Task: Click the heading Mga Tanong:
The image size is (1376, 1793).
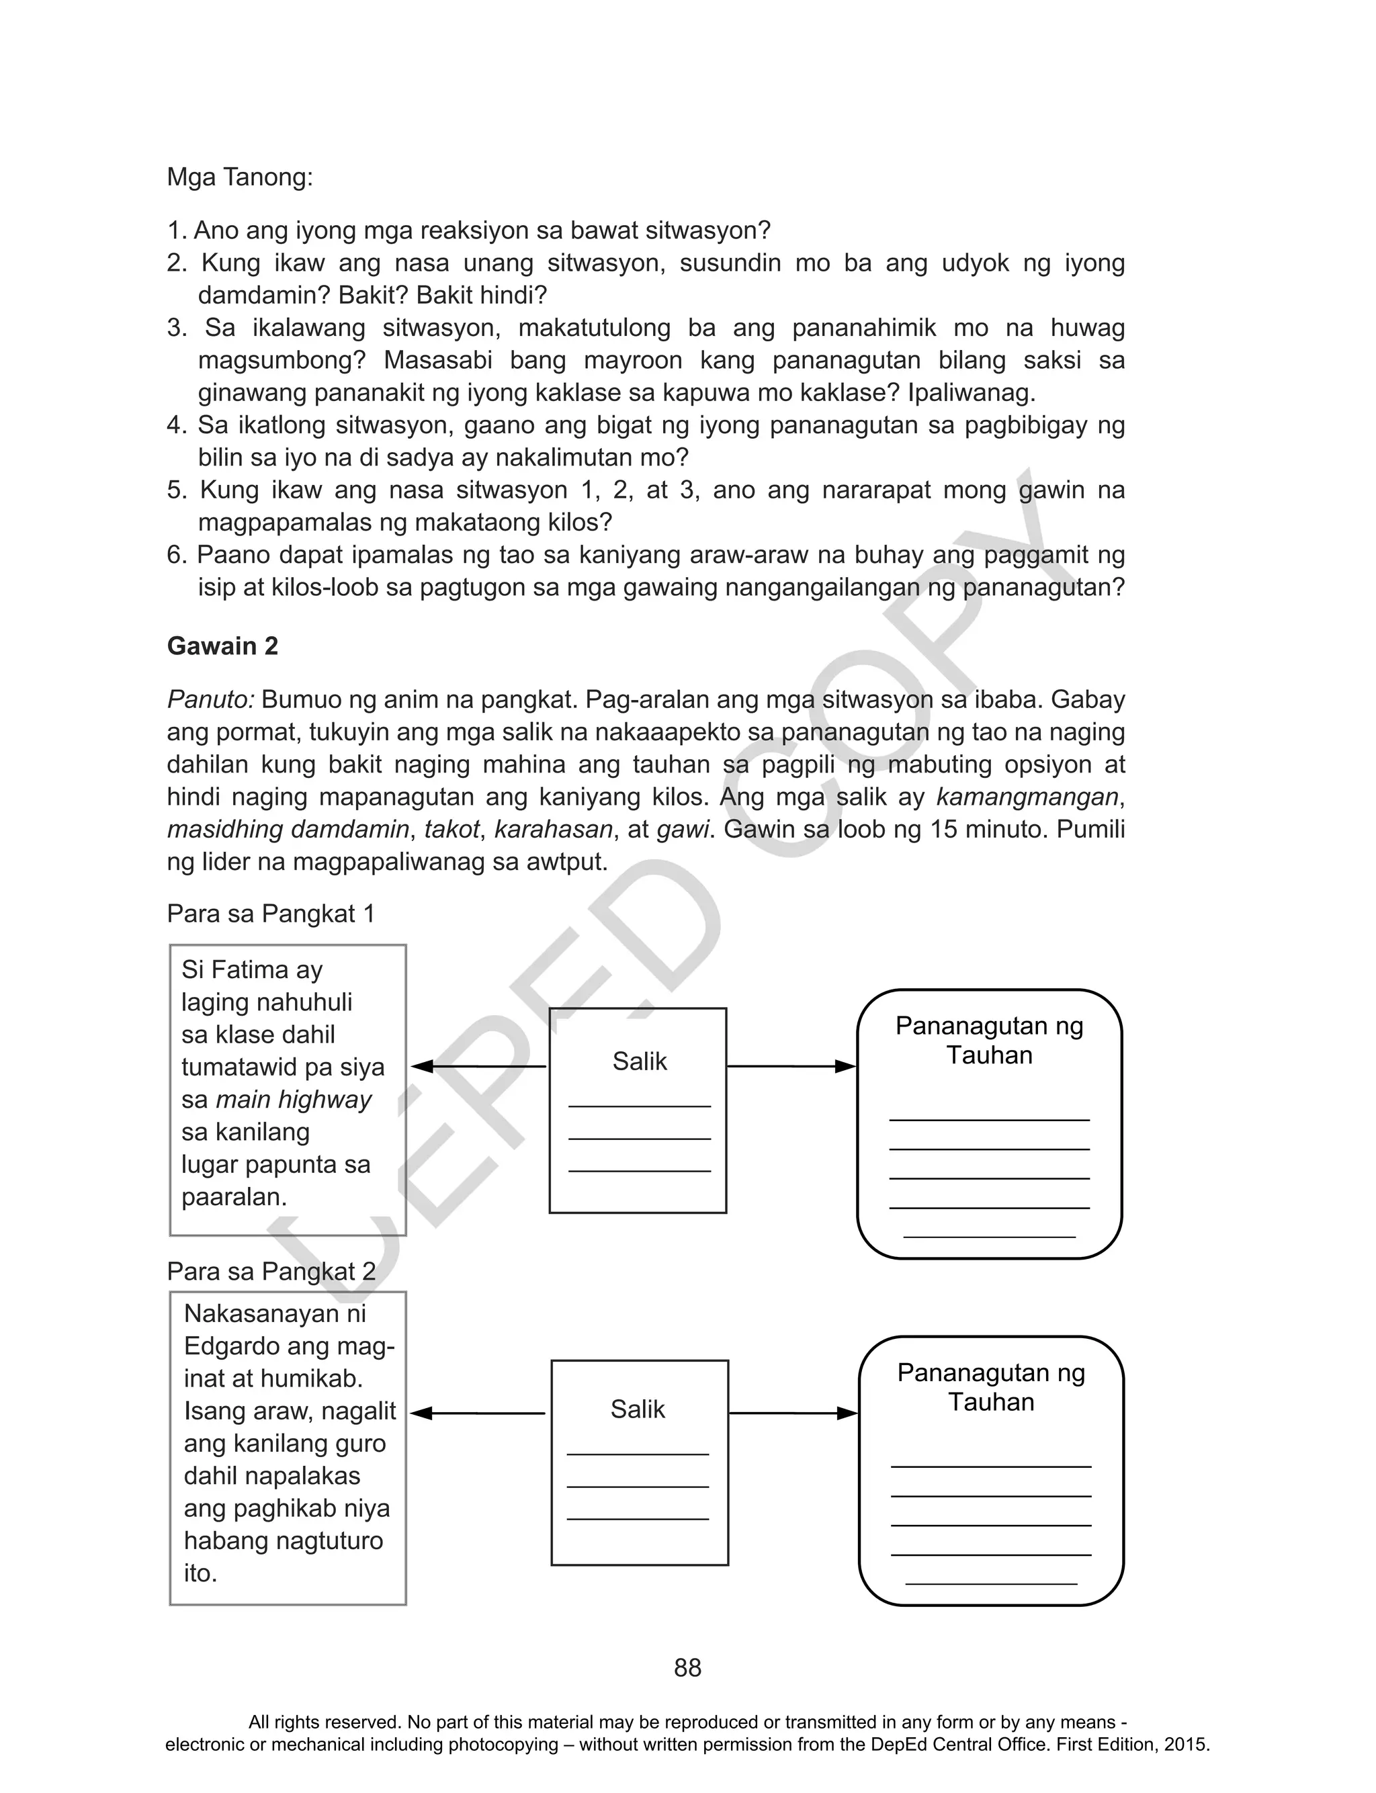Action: pos(239,177)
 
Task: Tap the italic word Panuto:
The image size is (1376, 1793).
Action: pos(210,700)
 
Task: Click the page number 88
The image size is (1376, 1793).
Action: pos(687,1668)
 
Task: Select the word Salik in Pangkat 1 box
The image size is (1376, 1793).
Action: pos(639,1061)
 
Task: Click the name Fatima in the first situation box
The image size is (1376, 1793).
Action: pos(251,970)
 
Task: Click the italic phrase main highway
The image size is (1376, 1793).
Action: pos(293,1100)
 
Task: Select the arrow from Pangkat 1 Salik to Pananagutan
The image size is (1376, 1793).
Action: pos(791,1066)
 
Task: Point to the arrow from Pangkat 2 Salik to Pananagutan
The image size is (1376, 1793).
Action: pos(793,1413)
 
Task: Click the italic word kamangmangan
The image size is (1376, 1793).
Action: pos(1026,797)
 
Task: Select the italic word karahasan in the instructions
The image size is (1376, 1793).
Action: pos(553,830)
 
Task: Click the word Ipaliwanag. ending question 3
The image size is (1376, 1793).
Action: pos(972,393)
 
